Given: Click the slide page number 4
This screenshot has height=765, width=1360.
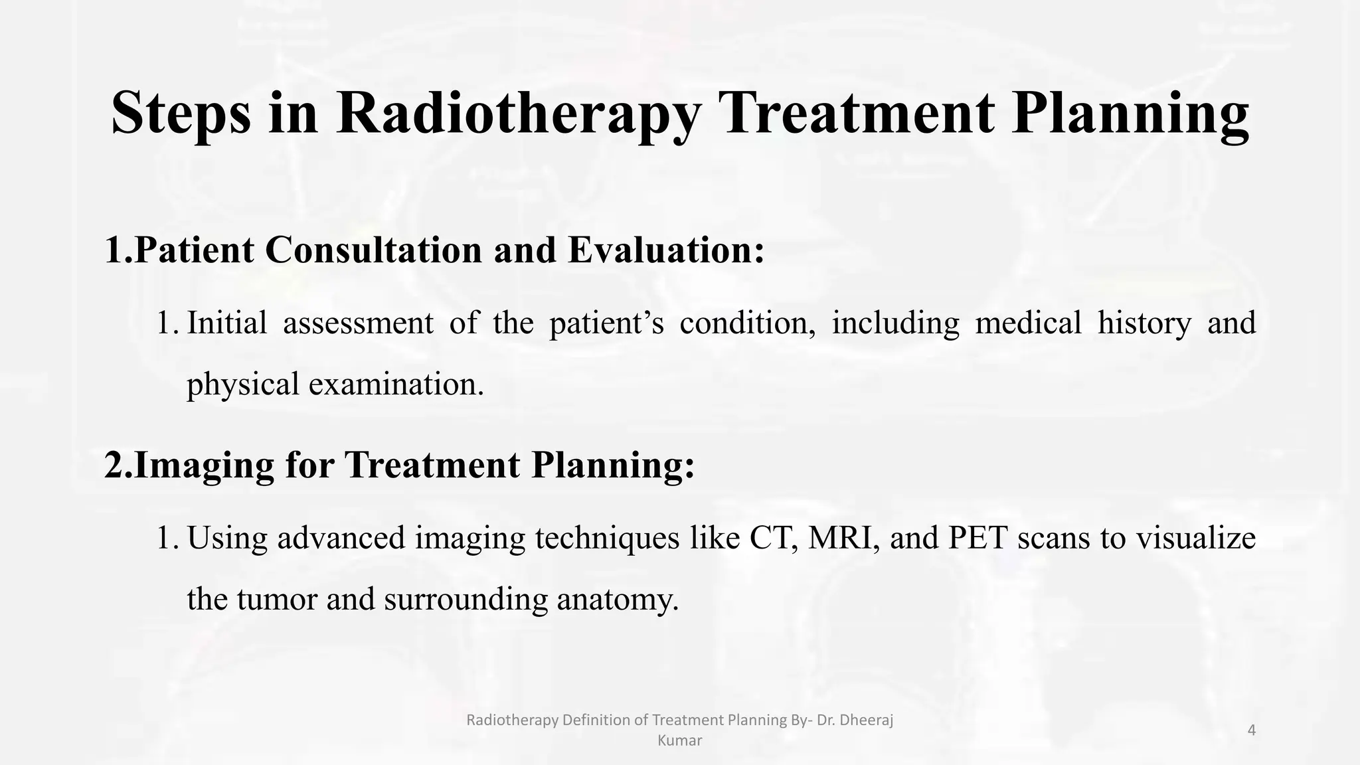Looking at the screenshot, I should pos(1252,730).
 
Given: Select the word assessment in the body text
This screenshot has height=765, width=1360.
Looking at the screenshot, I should pos(358,323).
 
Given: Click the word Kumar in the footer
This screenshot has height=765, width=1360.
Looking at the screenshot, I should pos(679,740).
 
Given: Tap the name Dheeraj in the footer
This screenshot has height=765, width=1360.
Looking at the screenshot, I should pos(867,720).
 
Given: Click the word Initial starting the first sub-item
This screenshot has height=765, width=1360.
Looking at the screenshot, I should pos(226,323).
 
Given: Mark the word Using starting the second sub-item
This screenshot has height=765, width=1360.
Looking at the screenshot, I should pos(226,538).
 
